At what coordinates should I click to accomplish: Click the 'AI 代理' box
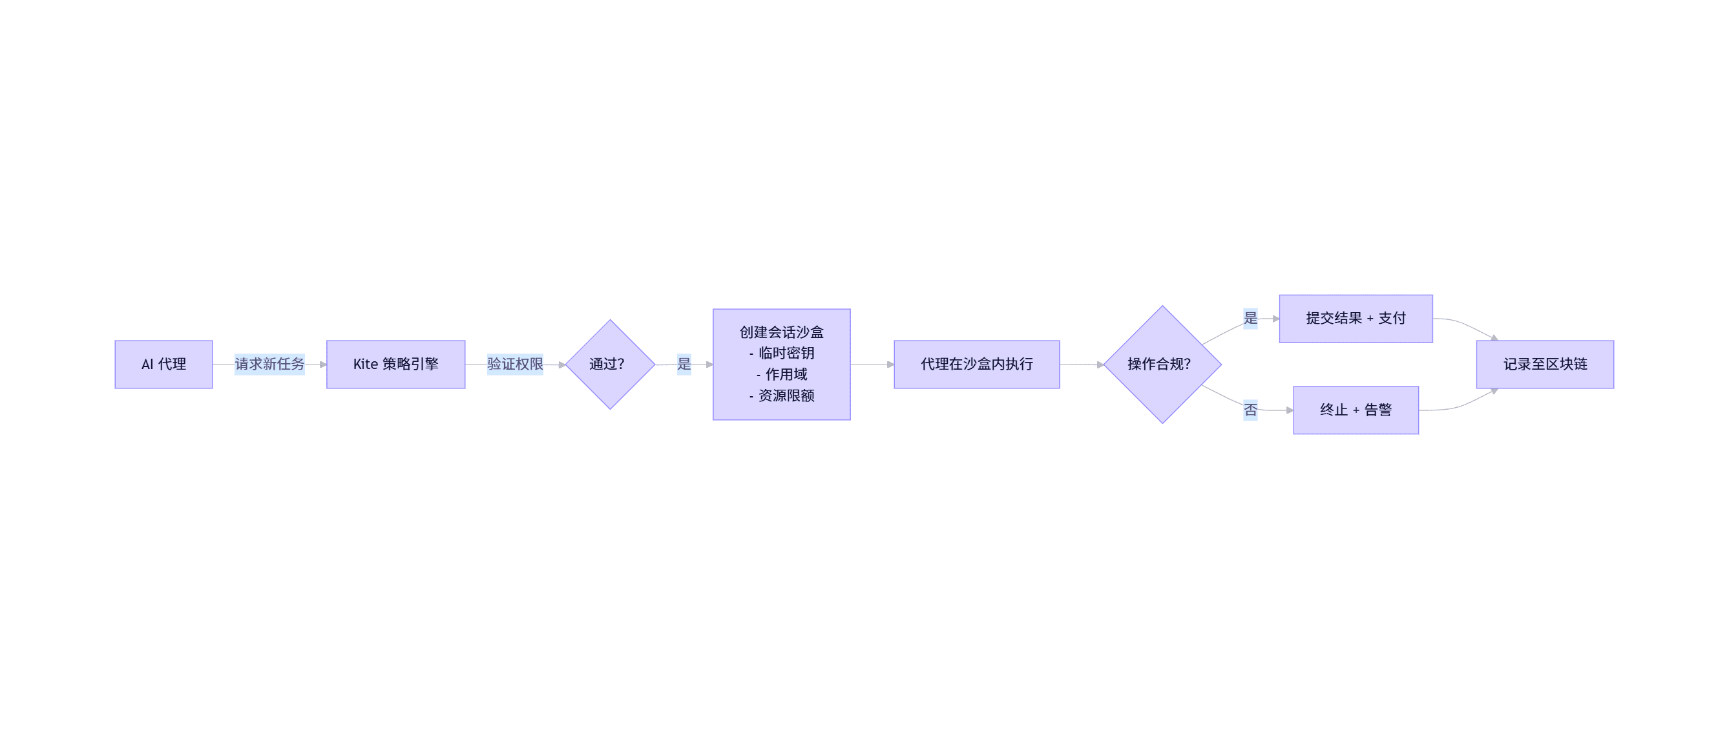point(163,364)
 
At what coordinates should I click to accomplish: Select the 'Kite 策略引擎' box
point(395,364)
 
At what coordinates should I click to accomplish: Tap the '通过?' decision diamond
point(609,364)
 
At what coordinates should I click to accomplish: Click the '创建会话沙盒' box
point(781,332)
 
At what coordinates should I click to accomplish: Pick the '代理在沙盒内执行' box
point(976,364)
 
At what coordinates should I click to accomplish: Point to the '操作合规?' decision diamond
point(1162,364)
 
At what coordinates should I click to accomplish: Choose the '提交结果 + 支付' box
point(1355,319)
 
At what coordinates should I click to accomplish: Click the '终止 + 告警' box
point(1355,410)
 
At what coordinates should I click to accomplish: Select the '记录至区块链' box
point(1544,364)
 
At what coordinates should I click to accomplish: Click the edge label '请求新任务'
point(269,364)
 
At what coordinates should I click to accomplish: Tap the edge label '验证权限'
point(515,364)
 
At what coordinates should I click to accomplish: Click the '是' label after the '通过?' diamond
point(684,364)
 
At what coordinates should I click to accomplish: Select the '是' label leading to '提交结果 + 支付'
point(1250,318)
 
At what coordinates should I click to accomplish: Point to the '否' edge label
point(1250,410)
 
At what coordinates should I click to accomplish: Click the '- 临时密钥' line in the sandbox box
point(781,354)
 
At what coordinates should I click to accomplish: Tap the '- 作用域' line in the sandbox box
point(781,375)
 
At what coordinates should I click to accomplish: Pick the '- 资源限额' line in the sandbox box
point(781,396)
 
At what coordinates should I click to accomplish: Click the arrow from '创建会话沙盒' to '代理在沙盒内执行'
point(872,364)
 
